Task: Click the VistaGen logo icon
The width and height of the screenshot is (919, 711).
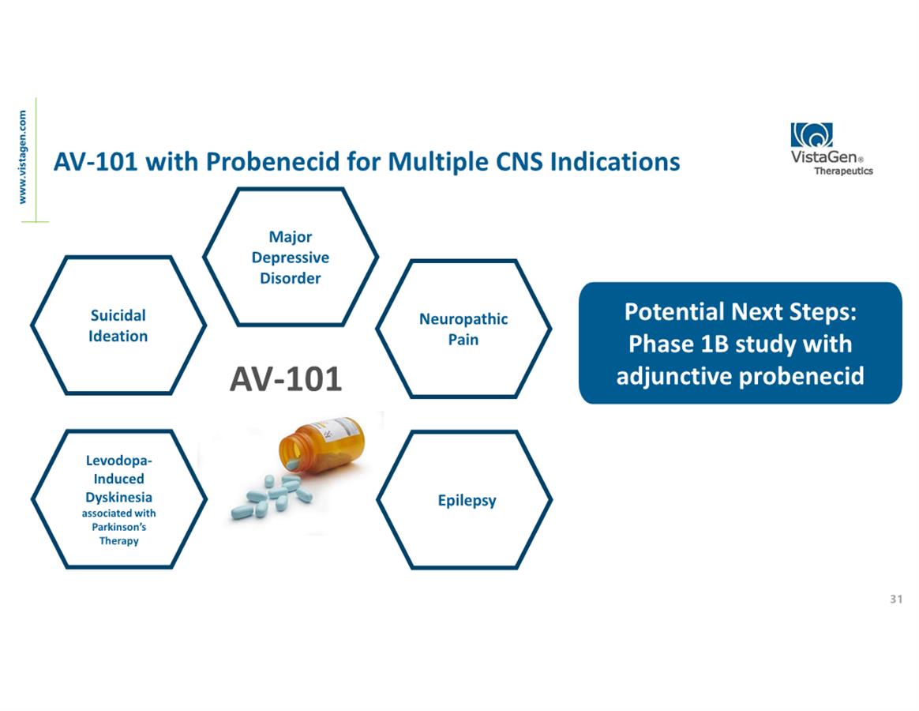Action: pyautogui.click(x=811, y=135)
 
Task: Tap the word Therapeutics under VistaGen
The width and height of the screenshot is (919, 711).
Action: pyautogui.click(x=843, y=171)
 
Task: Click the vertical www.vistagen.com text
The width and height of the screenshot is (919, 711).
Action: pyautogui.click(x=22, y=157)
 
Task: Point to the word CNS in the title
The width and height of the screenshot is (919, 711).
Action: pyautogui.click(x=520, y=161)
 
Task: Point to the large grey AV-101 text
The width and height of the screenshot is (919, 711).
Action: pyautogui.click(x=286, y=379)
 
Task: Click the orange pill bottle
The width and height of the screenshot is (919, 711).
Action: pyautogui.click(x=322, y=444)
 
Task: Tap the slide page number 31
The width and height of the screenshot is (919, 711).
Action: pyautogui.click(x=896, y=599)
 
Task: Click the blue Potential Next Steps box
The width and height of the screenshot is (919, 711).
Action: pyautogui.click(x=741, y=343)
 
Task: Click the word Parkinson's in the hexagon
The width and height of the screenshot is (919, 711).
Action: pyautogui.click(x=119, y=527)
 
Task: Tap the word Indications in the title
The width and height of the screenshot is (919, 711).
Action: pyautogui.click(x=615, y=161)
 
